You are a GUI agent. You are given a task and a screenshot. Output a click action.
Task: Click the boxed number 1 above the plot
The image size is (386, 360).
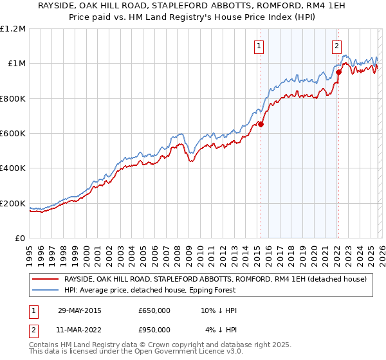pos(259,46)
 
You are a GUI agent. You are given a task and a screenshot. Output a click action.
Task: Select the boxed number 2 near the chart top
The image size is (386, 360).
pos(336,46)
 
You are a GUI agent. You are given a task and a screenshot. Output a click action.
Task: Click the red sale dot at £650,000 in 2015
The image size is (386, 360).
pos(261,125)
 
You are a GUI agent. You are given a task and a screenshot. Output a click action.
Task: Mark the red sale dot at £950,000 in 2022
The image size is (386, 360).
pos(338,72)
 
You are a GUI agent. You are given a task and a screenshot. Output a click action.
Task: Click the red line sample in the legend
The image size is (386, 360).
pos(45,279)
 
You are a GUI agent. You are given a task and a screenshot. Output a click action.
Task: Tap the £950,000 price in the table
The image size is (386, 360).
pos(154,330)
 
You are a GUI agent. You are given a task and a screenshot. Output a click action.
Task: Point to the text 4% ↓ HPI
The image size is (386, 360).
pos(221,330)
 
